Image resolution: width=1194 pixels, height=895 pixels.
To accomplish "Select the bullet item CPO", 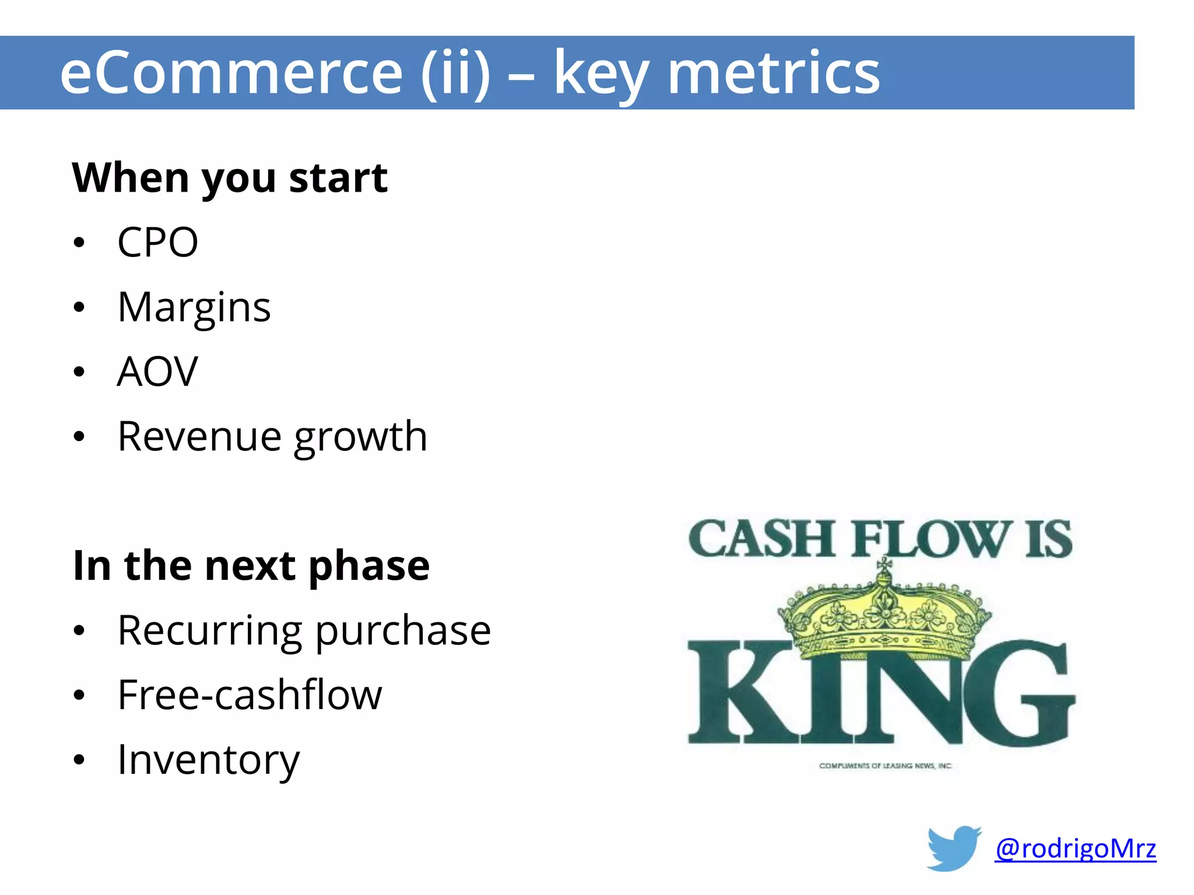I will [157, 242].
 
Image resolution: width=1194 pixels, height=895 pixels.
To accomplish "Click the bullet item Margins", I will [194, 307].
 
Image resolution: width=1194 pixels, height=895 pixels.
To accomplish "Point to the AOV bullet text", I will [157, 372].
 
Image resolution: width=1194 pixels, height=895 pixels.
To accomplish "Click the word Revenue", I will [199, 436].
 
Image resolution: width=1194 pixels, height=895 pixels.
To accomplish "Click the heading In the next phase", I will [251, 566].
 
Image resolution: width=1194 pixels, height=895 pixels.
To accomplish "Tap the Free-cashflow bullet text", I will [250, 695].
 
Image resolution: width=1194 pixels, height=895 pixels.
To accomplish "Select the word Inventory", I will [208, 760].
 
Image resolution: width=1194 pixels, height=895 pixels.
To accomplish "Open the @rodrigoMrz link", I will [1075, 848].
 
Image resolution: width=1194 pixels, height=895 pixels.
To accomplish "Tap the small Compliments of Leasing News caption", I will [885, 766].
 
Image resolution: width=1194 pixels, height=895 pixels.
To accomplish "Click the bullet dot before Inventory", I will [79, 760].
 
